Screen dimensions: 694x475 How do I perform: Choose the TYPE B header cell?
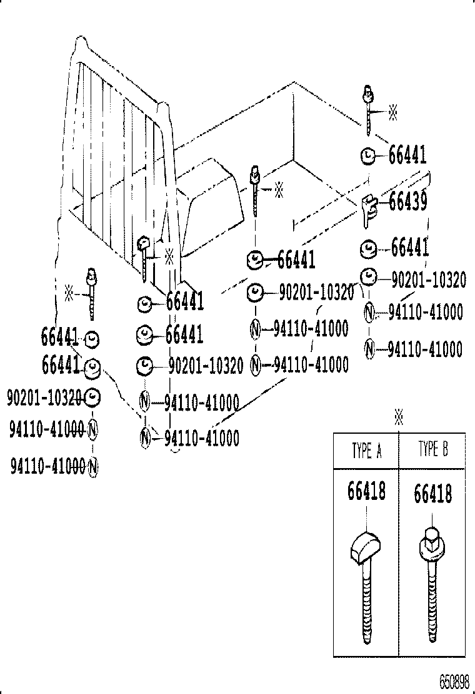coord(432,449)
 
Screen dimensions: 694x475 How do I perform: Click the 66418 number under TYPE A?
coord(366,492)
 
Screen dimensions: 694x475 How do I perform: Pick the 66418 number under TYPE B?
coord(432,494)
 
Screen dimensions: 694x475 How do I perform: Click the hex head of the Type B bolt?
coord(431,537)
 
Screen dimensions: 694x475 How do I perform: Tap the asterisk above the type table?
coord(398,418)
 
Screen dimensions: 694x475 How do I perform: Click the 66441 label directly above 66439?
coord(407,155)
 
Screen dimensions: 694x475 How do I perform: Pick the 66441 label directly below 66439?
coord(410,248)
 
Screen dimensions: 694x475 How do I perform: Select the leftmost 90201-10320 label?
coord(44,396)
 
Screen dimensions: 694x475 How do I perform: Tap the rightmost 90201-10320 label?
coord(428,280)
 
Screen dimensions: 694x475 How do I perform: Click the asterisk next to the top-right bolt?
coord(392,112)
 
